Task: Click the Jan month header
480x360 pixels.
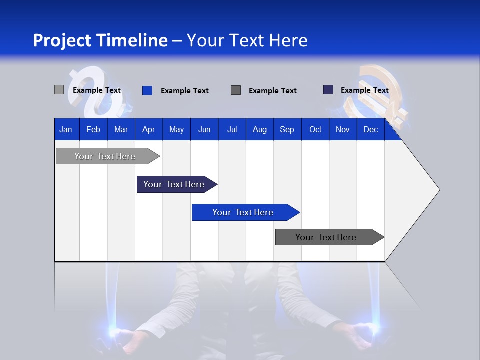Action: [66, 129]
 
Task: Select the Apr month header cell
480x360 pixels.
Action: [148, 129]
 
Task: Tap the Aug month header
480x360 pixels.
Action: [259, 129]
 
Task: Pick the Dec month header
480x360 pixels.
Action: [370, 129]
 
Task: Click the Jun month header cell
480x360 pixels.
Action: [204, 129]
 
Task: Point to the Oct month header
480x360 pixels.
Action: [315, 129]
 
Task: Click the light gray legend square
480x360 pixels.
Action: [59, 90]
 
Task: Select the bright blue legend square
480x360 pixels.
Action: [147, 90]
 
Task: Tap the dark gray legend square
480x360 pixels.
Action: [236, 90]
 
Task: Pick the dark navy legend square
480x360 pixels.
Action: [328, 90]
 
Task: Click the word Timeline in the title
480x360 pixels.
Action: [132, 40]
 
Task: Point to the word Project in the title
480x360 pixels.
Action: [62, 40]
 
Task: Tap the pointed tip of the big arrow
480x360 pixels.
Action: [438, 190]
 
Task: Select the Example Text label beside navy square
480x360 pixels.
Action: [364, 90]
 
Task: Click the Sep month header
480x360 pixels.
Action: [287, 129]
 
